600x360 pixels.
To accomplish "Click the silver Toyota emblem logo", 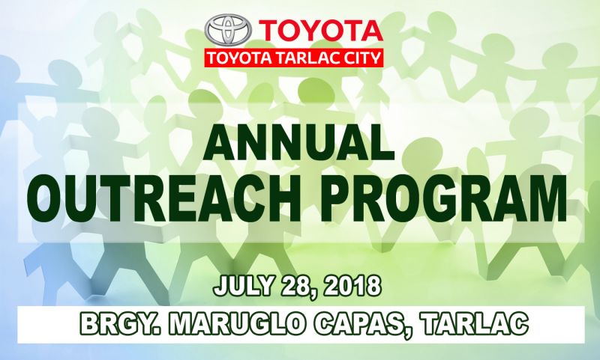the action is [228, 30].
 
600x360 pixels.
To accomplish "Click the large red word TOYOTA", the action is [321, 31].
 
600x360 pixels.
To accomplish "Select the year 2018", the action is [352, 286].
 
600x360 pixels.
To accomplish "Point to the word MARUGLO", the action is [237, 324].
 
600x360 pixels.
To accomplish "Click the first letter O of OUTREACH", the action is [48, 198].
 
